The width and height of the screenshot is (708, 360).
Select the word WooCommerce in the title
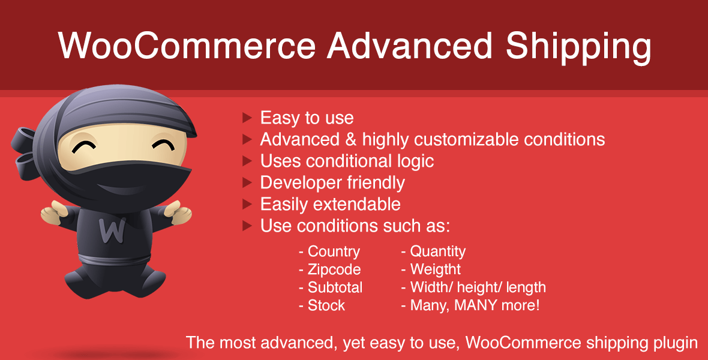point(187,46)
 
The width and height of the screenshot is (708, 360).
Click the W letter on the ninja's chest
point(110,229)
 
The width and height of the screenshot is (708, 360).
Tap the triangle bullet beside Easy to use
point(247,118)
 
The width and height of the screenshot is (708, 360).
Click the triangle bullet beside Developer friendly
point(247,182)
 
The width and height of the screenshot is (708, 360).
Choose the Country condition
point(334,251)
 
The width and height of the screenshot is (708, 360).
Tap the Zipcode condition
point(334,269)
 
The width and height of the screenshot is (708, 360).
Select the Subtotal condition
point(335,287)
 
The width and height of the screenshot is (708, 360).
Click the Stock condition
point(326,305)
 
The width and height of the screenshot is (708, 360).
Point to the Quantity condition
point(437,251)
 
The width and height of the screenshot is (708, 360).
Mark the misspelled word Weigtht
point(435,269)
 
